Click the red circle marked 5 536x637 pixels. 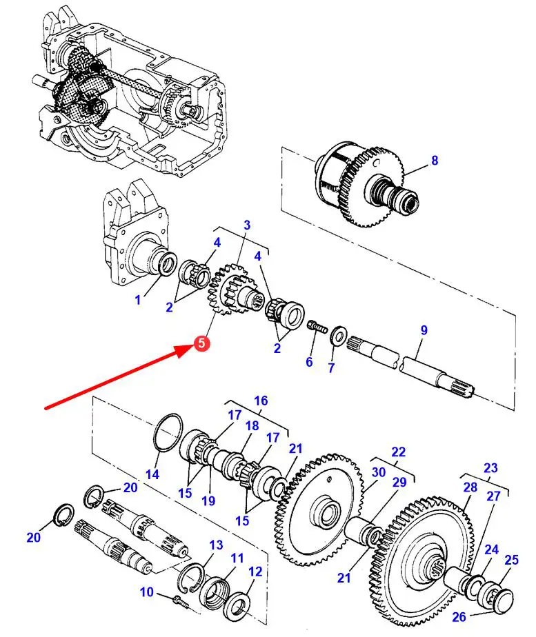click(x=202, y=343)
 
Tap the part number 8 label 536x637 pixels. click(x=435, y=161)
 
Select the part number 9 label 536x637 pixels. click(x=424, y=330)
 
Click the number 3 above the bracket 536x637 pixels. click(x=247, y=225)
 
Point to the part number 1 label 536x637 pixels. click(x=138, y=300)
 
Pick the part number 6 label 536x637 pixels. click(x=309, y=361)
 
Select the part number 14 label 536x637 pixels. click(x=152, y=474)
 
